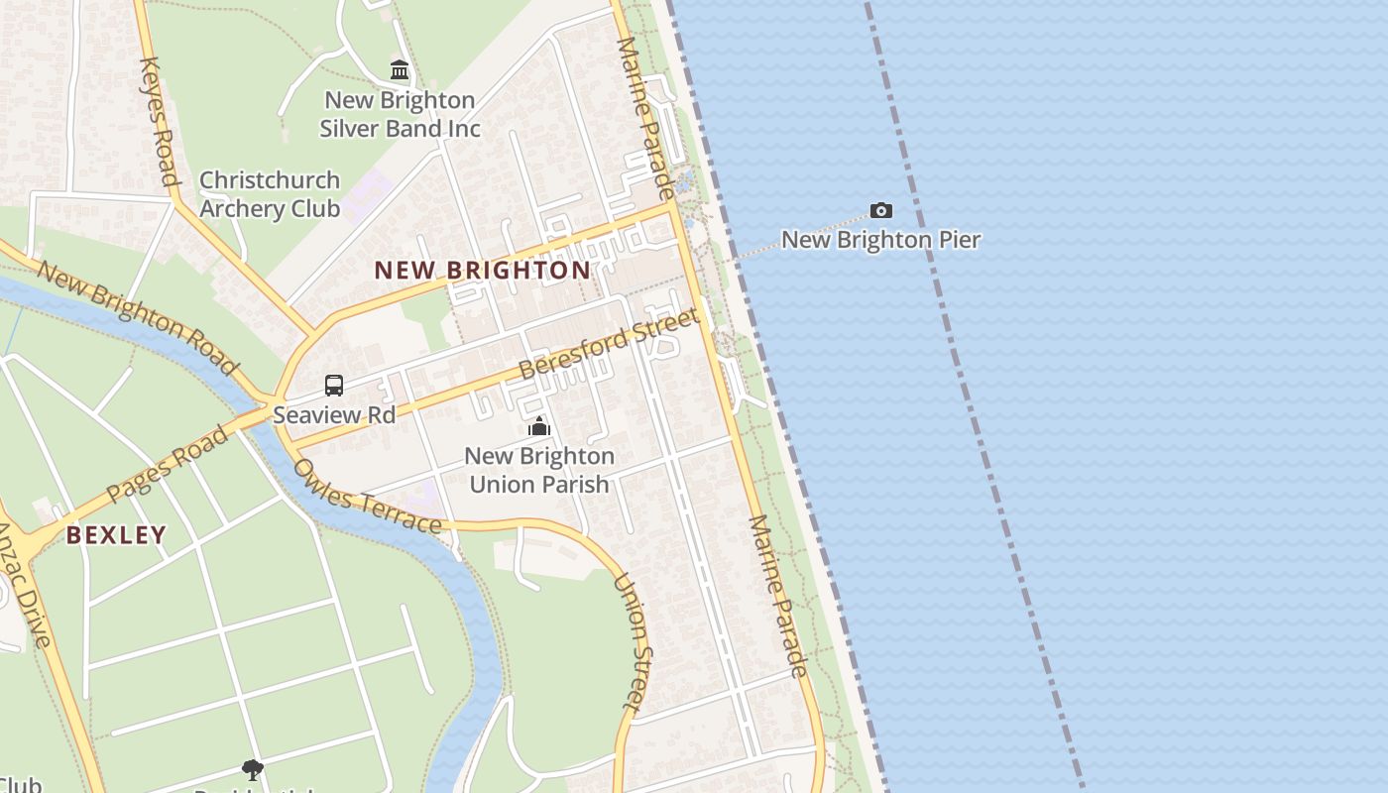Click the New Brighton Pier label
pos(880,240)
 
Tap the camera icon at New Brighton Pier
pos(880,210)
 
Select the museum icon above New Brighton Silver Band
pos(400,69)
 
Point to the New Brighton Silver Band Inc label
pos(400,114)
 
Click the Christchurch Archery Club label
pos(270,194)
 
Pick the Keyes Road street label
pos(159,121)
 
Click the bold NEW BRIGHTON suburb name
pos(482,270)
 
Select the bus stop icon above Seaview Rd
pos(334,386)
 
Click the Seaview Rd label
pos(334,414)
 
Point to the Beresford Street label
pos(609,344)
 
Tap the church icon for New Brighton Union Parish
pos(539,427)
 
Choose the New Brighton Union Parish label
pos(539,470)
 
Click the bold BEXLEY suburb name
pos(116,535)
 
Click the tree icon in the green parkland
pos(253,769)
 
